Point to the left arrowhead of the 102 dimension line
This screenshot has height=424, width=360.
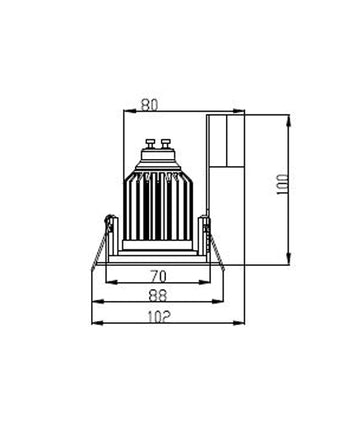[94, 323]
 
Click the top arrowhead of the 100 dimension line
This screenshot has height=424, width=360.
[290, 118]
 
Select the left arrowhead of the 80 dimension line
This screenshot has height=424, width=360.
[124, 111]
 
